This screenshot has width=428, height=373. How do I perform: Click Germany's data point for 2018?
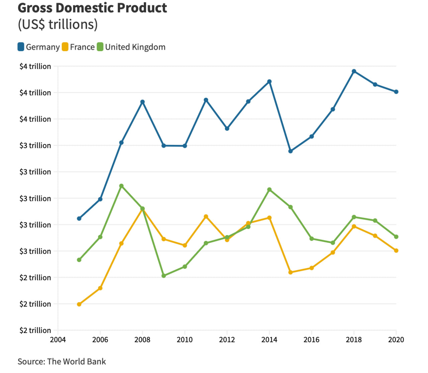point(354,71)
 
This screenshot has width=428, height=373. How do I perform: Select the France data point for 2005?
point(79,304)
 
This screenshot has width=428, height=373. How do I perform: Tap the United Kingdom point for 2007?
point(121,186)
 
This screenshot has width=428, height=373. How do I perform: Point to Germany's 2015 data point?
point(291,151)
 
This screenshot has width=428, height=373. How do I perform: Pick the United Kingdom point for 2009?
point(164,276)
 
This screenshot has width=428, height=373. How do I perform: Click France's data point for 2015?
point(291,272)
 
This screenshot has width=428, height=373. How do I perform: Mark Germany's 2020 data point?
point(396,92)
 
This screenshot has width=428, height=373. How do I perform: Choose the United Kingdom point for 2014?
point(270,190)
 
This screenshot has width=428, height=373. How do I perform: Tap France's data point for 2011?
point(206,217)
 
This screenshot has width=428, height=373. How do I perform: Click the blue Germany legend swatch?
point(21,47)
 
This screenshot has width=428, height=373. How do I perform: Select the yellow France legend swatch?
point(65,47)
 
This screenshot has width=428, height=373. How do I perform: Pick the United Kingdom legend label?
point(135,47)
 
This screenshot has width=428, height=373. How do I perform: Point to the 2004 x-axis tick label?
point(58,340)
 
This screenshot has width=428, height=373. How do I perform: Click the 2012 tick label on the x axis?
point(227,340)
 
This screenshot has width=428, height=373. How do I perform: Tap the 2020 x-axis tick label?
point(396,340)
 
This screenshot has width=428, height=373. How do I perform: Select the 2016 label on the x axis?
point(312,340)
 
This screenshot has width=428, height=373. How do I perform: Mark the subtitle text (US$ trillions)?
point(58,25)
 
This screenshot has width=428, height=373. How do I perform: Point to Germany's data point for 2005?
point(79,219)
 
